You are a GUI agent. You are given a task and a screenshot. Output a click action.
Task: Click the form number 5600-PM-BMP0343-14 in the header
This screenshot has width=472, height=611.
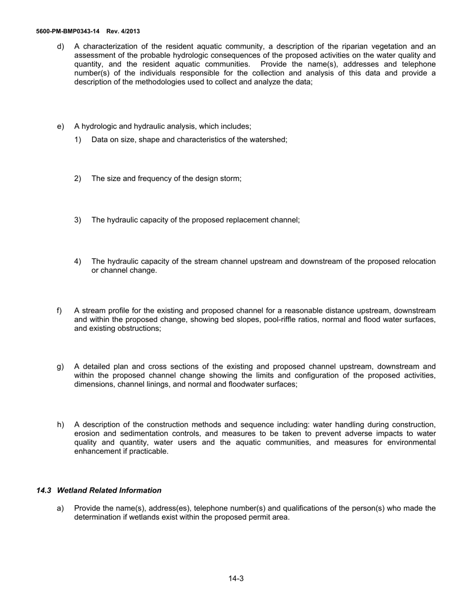tap(68, 31)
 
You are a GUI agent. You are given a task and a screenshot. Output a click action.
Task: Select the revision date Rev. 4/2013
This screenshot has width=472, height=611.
tap(123, 31)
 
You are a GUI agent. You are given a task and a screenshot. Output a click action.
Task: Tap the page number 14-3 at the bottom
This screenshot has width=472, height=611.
tap(236, 578)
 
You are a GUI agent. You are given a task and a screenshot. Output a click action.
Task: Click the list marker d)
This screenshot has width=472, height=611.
tap(61, 46)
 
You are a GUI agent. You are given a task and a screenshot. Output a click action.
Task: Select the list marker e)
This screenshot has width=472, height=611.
tap(61, 127)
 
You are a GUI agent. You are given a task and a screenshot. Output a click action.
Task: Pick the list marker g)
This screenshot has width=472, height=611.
tap(61, 367)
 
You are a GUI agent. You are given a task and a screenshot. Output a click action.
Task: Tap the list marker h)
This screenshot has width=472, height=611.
tap(61, 425)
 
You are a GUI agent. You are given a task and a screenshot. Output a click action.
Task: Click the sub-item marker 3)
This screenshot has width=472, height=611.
tap(78, 220)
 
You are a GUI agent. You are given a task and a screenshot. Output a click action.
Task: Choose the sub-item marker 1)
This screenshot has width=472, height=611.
tap(78, 140)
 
